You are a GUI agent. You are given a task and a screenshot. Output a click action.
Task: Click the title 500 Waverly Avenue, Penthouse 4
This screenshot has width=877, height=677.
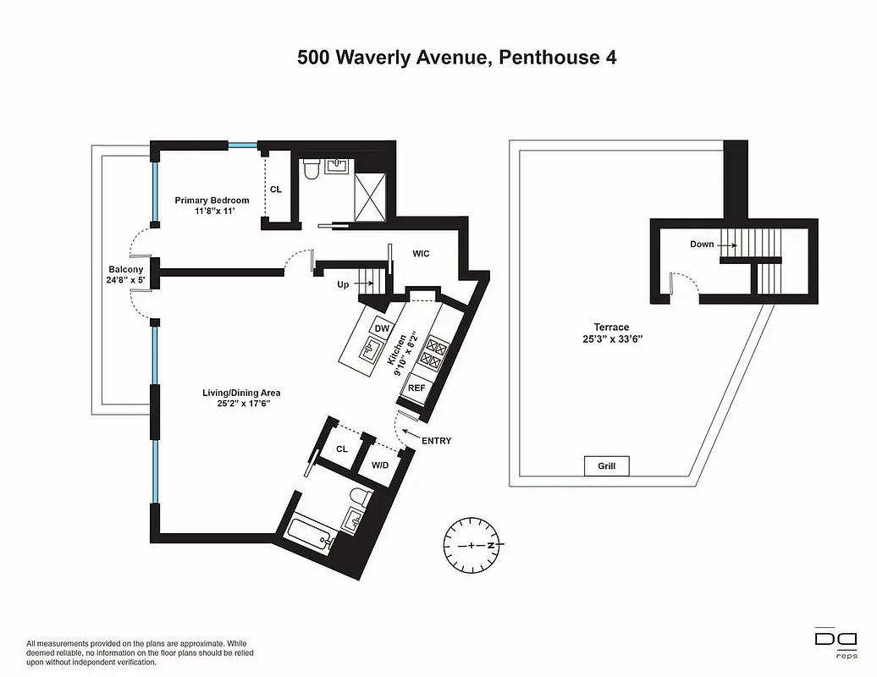point(456,58)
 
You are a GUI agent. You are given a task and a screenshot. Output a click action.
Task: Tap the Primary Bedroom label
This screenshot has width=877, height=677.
point(212,201)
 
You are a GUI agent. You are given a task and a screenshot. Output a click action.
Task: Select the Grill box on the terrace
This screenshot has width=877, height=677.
point(606,466)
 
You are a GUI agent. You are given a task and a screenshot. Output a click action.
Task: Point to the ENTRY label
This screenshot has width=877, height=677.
point(436,441)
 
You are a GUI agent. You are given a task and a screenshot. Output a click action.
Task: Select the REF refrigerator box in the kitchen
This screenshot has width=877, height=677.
point(416,388)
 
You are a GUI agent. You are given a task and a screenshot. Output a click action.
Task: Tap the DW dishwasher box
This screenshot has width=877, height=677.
point(382,329)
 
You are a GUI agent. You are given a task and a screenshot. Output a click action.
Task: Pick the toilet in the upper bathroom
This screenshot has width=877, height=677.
point(311,170)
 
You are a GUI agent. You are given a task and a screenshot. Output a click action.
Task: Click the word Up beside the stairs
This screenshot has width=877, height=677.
point(343,284)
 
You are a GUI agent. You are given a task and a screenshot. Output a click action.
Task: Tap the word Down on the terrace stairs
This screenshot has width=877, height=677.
point(702,245)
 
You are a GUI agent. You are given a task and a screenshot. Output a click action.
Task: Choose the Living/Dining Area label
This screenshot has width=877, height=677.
point(240,393)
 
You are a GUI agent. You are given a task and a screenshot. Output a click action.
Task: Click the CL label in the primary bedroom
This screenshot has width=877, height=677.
point(275,190)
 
